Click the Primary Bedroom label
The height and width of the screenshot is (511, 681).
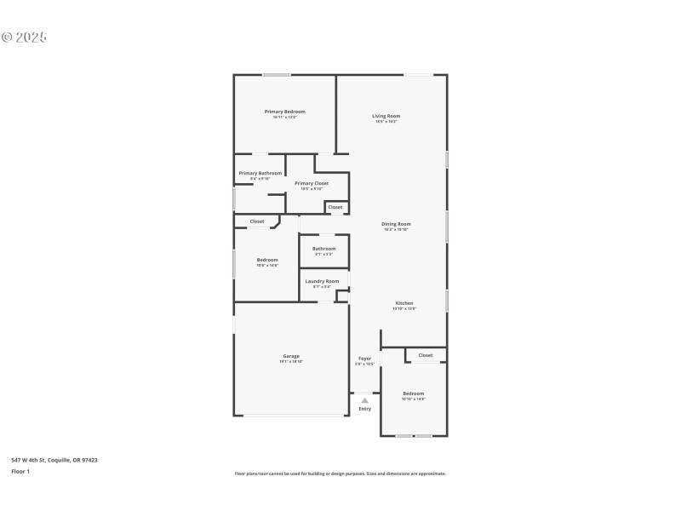tap(284, 112)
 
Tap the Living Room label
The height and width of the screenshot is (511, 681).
tap(386, 116)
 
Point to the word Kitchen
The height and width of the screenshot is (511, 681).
tap(403, 303)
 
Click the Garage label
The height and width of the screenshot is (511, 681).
tap(291, 356)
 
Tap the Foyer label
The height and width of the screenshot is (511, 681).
tap(364, 359)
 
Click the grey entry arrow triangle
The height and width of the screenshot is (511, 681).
tap(364, 399)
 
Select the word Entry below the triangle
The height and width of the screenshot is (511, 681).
tap(364, 409)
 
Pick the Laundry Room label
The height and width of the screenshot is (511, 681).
tap(322, 281)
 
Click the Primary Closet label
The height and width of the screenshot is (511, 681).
tap(312, 183)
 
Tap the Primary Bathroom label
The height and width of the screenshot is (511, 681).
tap(260, 173)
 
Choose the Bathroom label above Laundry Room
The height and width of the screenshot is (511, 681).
tap(323, 249)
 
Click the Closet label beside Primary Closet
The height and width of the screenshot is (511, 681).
tap(335, 207)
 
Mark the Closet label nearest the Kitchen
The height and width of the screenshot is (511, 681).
tap(425, 355)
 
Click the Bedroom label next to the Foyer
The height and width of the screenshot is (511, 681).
tap(413, 393)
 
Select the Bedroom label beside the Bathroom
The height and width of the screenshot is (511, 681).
tap(267, 260)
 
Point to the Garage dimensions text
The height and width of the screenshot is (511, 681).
tap(291, 362)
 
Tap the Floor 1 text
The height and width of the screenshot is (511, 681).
tap(20, 471)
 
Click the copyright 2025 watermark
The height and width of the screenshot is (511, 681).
tap(24, 37)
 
